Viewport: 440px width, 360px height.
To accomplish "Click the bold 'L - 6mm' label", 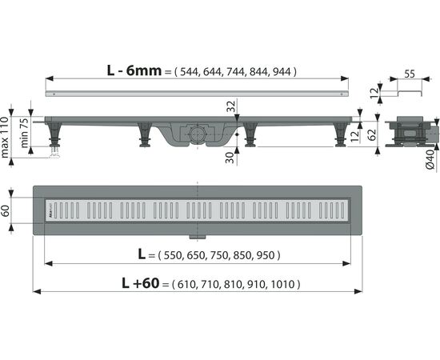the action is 134,70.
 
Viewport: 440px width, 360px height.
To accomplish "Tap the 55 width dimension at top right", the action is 410,74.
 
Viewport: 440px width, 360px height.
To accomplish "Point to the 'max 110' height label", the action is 5,138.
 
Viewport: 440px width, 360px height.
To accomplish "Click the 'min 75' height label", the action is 24,133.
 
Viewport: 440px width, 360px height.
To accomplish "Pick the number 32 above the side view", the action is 231,106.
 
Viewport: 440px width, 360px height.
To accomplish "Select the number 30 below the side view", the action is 230,158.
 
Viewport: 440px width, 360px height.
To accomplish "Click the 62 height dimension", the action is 371,134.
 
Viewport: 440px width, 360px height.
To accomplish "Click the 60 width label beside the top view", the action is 6,210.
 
